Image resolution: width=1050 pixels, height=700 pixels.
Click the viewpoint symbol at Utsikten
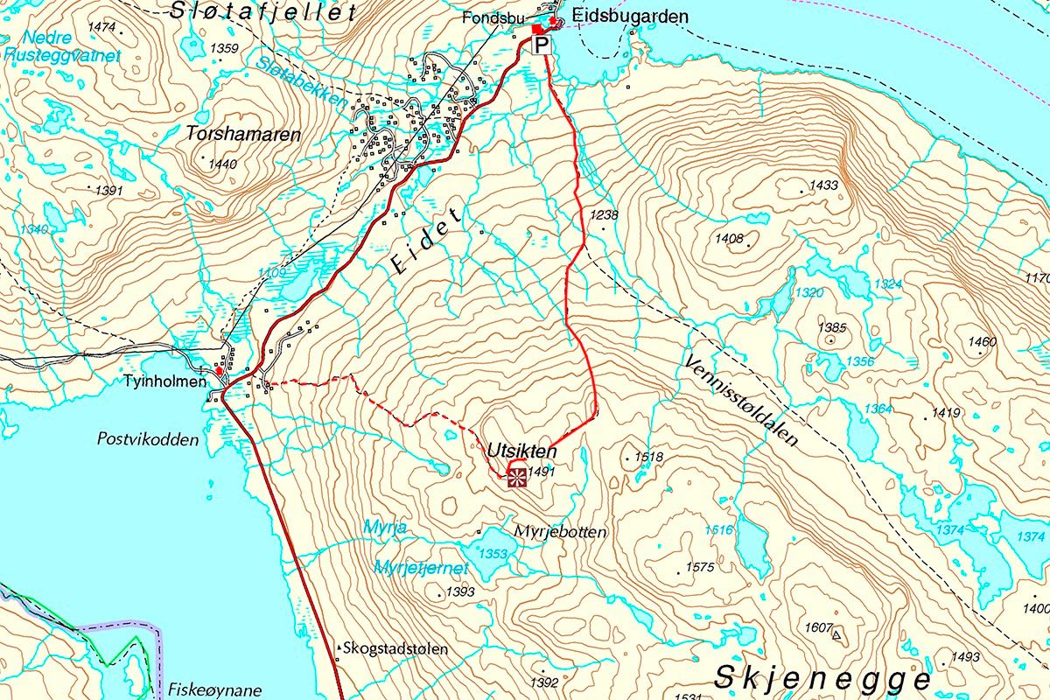tap(516, 476)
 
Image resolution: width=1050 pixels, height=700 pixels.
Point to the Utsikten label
tap(522, 451)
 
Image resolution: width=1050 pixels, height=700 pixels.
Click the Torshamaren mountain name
tap(244, 135)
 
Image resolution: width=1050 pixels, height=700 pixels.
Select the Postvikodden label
tap(148, 439)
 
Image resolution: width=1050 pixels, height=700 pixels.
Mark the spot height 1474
tap(101, 27)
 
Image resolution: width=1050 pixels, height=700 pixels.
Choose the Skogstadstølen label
tap(396, 649)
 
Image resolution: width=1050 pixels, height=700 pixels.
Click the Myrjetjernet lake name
tap(421, 568)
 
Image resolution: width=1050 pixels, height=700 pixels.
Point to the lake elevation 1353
tap(493, 554)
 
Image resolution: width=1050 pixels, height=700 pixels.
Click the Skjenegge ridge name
tap(822, 678)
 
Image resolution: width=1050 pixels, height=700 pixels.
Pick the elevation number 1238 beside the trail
tap(604, 214)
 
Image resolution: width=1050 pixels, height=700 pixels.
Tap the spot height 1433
tap(824, 185)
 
